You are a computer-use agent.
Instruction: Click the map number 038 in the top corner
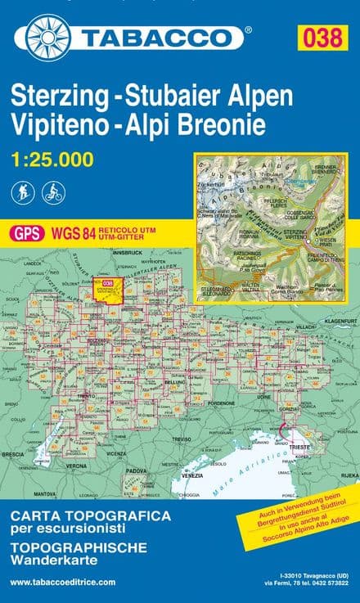[322, 35]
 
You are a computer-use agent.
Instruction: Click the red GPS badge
[26, 233]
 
